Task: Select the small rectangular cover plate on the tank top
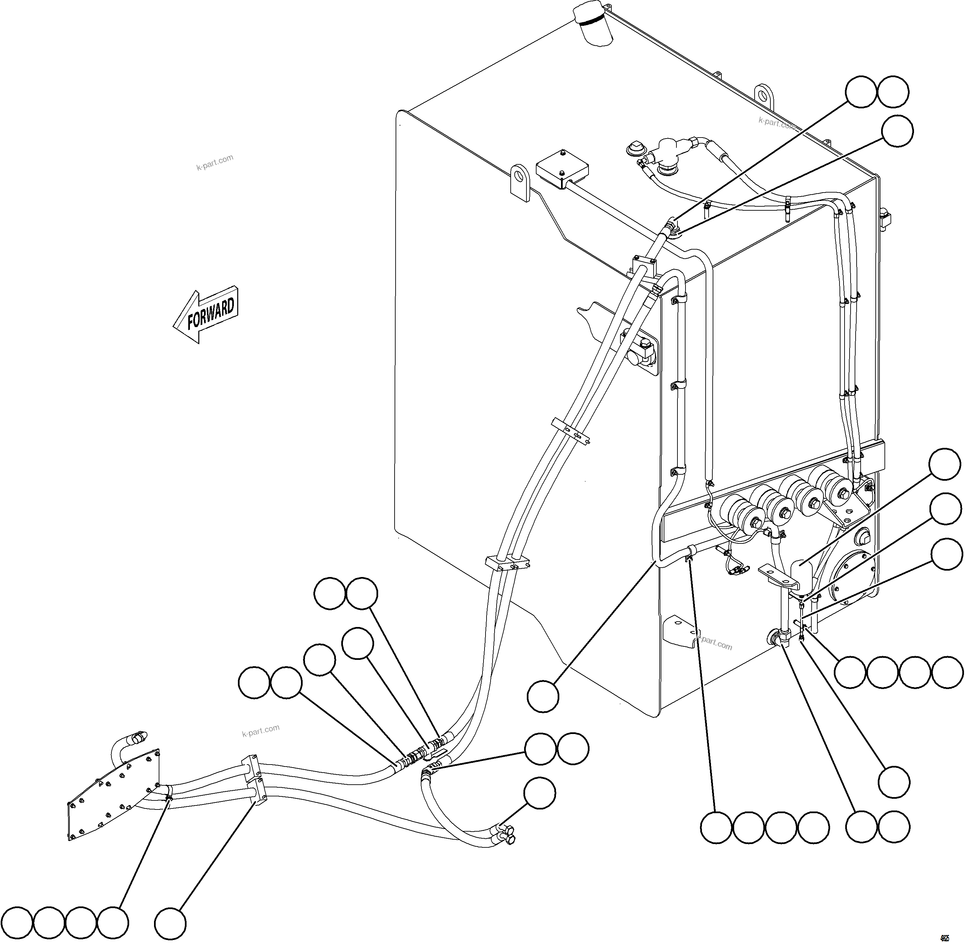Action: click(x=562, y=169)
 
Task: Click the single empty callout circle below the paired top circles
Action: click(x=898, y=131)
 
